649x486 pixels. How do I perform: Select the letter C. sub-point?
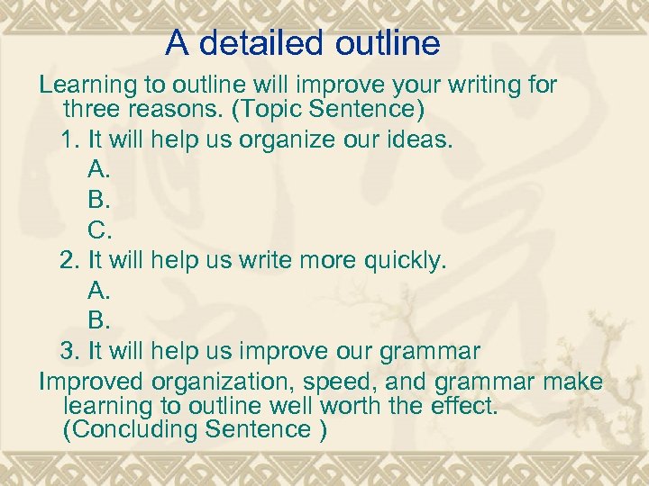(x=100, y=230)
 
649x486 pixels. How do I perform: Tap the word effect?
(x=464, y=406)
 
